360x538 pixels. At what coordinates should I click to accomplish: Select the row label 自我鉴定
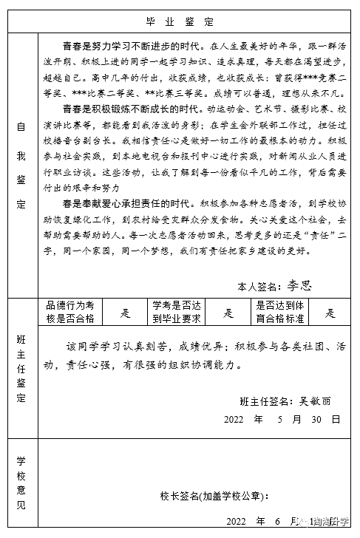pyautogui.click(x=21, y=153)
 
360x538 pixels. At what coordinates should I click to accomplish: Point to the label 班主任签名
pyautogui.click(x=264, y=401)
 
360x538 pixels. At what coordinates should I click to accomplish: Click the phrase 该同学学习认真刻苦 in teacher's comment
pyautogui.click(x=118, y=346)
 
